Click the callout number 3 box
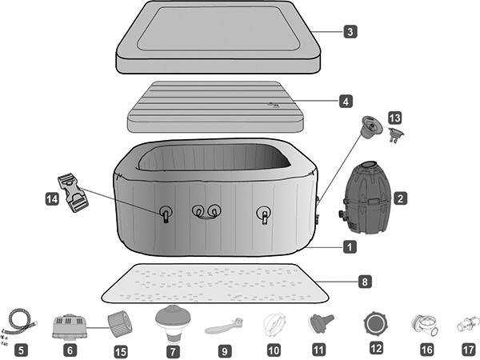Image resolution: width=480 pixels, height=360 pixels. [350, 33]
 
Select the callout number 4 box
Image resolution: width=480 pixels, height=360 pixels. [345, 102]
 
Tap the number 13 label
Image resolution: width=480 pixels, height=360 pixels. [394, 118]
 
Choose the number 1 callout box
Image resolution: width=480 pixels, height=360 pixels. [349, 247]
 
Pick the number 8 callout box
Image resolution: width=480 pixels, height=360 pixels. [364, 282]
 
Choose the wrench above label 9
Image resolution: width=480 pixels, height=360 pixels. [222, 326]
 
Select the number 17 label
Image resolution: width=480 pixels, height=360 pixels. [468, 349]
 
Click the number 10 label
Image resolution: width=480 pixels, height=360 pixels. [274, 349]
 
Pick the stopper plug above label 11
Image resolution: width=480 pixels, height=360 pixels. [319, 324]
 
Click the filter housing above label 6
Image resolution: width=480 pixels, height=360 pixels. [70, 324]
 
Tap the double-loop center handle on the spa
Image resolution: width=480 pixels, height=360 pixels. [206, 210]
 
